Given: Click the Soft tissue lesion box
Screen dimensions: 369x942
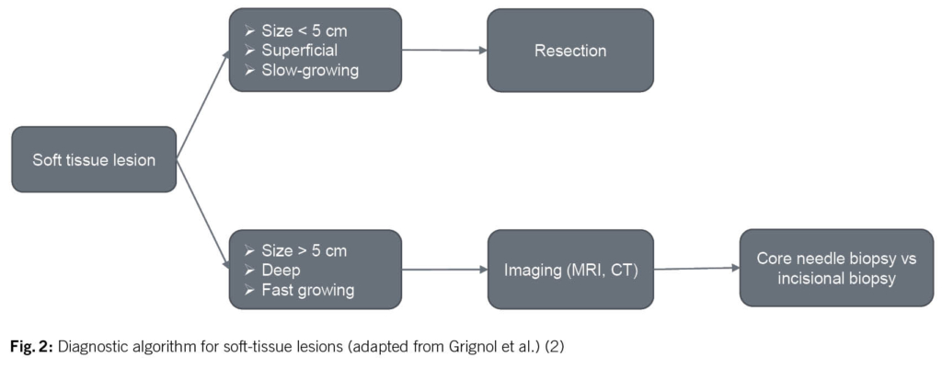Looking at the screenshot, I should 93,159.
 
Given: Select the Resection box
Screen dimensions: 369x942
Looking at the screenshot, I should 569,51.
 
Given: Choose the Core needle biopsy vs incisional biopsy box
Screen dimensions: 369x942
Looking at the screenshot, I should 835,268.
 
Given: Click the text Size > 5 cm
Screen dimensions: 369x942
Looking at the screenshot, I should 303,249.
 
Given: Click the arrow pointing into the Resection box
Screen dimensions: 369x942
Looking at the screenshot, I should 443,51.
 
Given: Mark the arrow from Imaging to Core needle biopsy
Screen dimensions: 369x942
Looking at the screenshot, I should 696,269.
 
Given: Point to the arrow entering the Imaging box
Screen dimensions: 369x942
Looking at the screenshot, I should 443,270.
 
